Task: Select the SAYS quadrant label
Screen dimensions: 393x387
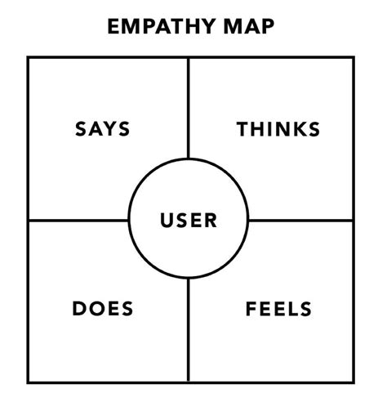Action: pyautogui.click(x=103, y=129)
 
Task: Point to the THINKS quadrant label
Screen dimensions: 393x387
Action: pyautogui.click(x=278, y=129)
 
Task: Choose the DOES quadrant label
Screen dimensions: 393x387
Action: pyautogui.click(x=103, y=310)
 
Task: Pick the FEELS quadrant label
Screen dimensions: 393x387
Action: pyautogui.click(x=278, y=310)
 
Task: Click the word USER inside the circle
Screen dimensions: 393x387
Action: pyautogui.click(x=189, y=221)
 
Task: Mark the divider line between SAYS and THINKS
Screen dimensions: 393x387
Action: pyautogui.click(x=189, y=106)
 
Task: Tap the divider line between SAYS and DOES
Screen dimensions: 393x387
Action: pyautogui.click(x=78, y=221)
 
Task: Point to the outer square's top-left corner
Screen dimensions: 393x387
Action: pyautogui.click(x=28, y=57)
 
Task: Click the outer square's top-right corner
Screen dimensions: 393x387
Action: pyautogui.click(x=354, y=57)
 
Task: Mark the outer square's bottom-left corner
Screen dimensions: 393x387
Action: pyautogui.click(x=28, y=382)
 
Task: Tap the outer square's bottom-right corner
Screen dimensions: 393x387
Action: pyautogui.click(x=354, y=382)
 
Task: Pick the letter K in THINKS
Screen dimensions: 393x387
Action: pyautogui.click(x=294, y=129)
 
